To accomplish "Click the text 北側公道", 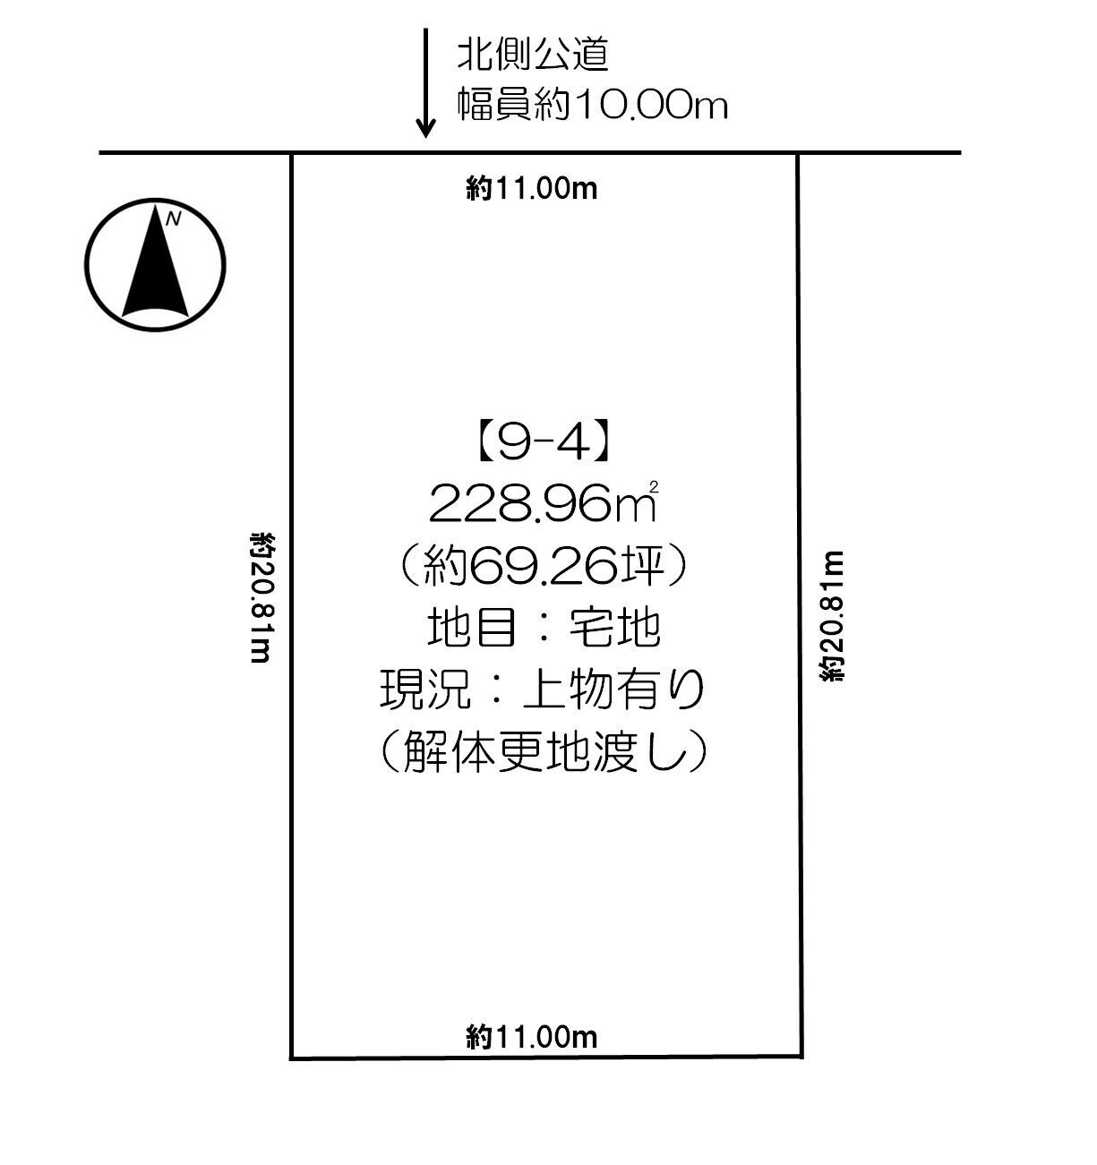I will coord(534,56).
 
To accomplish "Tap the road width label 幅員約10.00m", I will coord(592,106).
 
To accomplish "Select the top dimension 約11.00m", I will coord(532,189).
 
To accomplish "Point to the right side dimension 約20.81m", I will coord(832,615).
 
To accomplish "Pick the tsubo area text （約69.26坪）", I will coord(544,567).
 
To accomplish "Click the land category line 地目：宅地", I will coord(544,629).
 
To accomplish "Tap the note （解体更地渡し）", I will coord(544,752).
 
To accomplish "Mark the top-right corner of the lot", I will coord(797,154).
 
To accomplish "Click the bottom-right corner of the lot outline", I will coord(800,1056).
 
